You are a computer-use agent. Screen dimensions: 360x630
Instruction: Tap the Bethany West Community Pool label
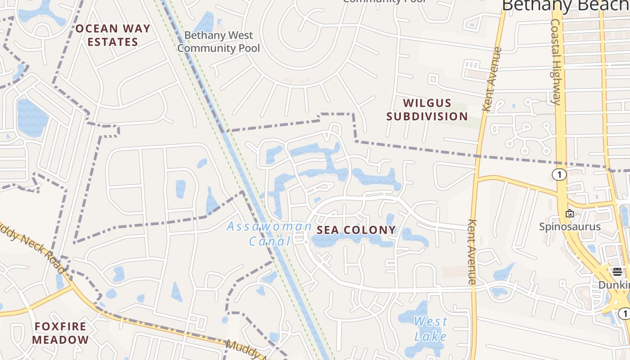219,41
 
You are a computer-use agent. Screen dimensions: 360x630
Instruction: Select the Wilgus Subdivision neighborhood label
427,110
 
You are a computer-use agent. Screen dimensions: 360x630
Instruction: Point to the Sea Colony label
356,230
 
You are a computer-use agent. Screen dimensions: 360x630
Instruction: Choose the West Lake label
430,329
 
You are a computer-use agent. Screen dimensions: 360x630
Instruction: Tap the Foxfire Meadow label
61,333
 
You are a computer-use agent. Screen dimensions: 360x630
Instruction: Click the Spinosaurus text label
570,226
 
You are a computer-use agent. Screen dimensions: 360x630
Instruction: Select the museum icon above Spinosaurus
570,213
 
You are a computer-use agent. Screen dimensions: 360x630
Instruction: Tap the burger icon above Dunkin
617,271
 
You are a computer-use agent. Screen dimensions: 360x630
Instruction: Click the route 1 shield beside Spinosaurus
559,175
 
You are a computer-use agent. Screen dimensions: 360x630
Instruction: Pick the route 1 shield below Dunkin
624,313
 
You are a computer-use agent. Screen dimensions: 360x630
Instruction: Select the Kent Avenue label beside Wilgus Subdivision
491,79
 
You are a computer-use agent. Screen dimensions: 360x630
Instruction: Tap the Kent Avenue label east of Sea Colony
472,252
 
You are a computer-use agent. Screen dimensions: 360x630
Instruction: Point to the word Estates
112,42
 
